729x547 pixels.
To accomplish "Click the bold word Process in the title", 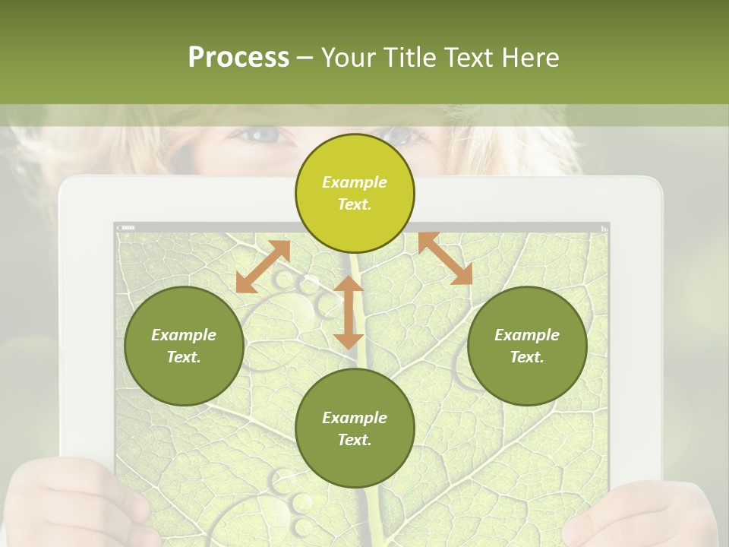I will click(x=238, y=58).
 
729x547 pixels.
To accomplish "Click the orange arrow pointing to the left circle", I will click(x=263, y=267).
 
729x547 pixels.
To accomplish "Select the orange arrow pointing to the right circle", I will click(x=445, y=258).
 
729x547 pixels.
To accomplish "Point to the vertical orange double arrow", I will click(x=349, y=312).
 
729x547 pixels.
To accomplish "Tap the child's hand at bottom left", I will click(x=68, y=505).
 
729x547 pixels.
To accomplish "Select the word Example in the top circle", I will click(x=355, y=182).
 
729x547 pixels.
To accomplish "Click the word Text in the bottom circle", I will click(x=354, y=440).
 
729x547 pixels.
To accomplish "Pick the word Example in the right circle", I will click(x=527, y=335).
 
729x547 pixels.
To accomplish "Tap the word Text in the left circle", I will click(x=184, y=357).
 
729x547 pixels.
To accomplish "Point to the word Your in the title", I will click(x=349, y=58).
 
